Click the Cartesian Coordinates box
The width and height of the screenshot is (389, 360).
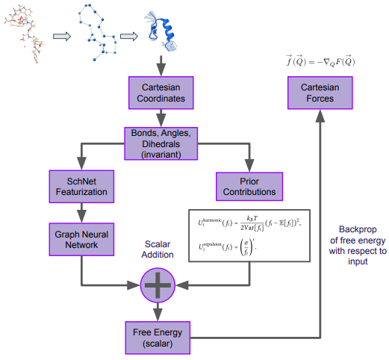click(x=158, y=93)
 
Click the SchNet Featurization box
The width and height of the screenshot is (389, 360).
click(x=79, y=186)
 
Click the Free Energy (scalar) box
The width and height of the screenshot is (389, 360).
click(x=158, y=336)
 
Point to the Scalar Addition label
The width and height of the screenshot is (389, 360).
click(x=158, y=248)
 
